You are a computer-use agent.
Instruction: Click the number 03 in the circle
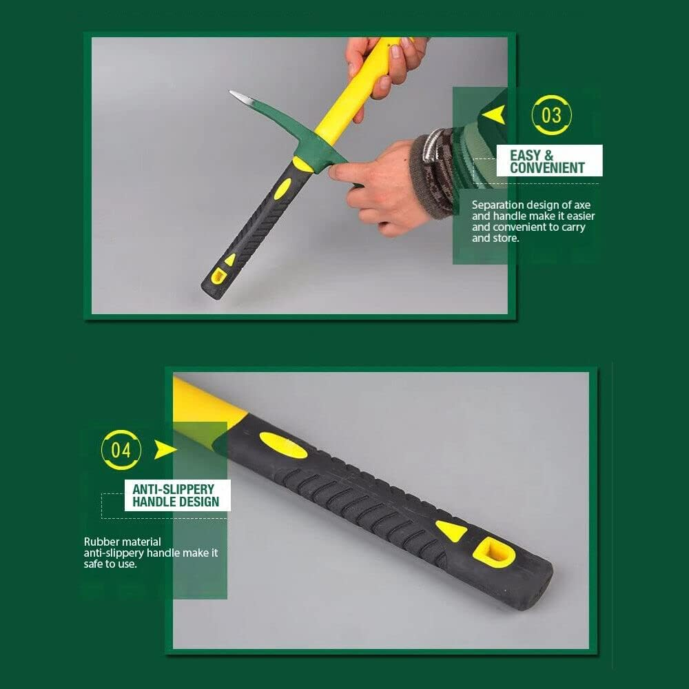[x=552, y=115]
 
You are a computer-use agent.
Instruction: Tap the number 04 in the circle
[x=121, y=451]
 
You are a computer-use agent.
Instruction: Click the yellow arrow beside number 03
[x=494, y=114]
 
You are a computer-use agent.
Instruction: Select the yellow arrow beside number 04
[x=165, y=450]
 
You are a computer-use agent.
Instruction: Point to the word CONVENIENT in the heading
[x=547, y=167]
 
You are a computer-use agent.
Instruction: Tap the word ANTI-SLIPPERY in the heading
[x=173, y=489]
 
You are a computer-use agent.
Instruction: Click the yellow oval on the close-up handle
[x=283, y=445]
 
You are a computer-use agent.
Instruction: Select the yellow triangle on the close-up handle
[x=451, y=530]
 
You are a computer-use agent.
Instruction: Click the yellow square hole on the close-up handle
[x=494, y=552]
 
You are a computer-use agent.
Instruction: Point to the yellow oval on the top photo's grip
[x=282, y=188]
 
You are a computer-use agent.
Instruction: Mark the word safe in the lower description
[x=96, y=564]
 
